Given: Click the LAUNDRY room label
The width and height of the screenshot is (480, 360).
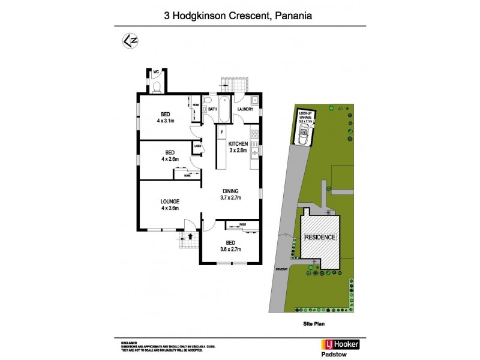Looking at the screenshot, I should pos(247,110).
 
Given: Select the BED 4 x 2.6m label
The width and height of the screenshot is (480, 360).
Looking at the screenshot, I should pos(170,155).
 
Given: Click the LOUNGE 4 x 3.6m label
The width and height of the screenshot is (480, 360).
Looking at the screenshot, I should pos(170,205).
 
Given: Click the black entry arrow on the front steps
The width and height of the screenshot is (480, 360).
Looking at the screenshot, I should pos(191,236).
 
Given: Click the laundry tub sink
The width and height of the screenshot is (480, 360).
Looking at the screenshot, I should pos(254,100).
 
